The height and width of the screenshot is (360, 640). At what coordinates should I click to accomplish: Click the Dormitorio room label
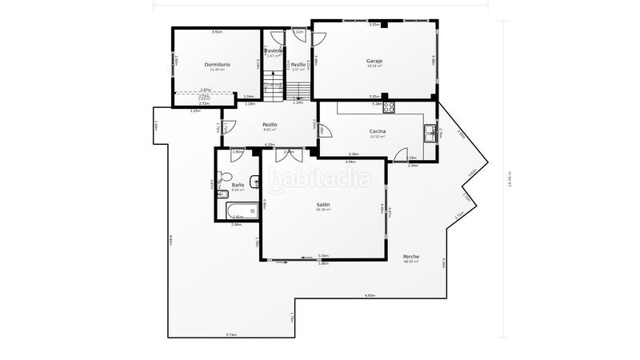coord(217,64)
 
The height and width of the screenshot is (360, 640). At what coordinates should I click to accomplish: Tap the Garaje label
coord(374,61)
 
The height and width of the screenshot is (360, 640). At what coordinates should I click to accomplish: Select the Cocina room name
coord(378,131)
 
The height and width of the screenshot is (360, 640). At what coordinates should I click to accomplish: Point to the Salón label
coord(323,205)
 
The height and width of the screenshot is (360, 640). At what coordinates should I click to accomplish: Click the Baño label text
coord(238,185)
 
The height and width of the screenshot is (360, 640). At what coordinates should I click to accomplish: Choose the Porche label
coord(411,257)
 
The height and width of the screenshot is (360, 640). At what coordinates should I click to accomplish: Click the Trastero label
coord(274,51)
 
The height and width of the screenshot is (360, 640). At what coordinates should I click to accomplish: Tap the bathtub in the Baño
coord(237,212)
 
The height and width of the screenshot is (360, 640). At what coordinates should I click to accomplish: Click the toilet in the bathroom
coord(224,177)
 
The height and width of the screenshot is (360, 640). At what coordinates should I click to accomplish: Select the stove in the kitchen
coord(390,106)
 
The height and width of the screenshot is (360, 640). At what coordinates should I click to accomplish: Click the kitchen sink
coord(430,130)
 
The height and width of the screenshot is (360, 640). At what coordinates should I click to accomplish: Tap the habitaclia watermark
coord(320,178)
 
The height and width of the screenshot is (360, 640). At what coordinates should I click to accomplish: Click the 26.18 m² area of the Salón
coord(323,210)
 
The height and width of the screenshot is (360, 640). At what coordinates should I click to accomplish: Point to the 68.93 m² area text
coord(411,262)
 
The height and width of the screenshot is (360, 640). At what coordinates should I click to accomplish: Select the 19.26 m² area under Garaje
coord(374,66)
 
